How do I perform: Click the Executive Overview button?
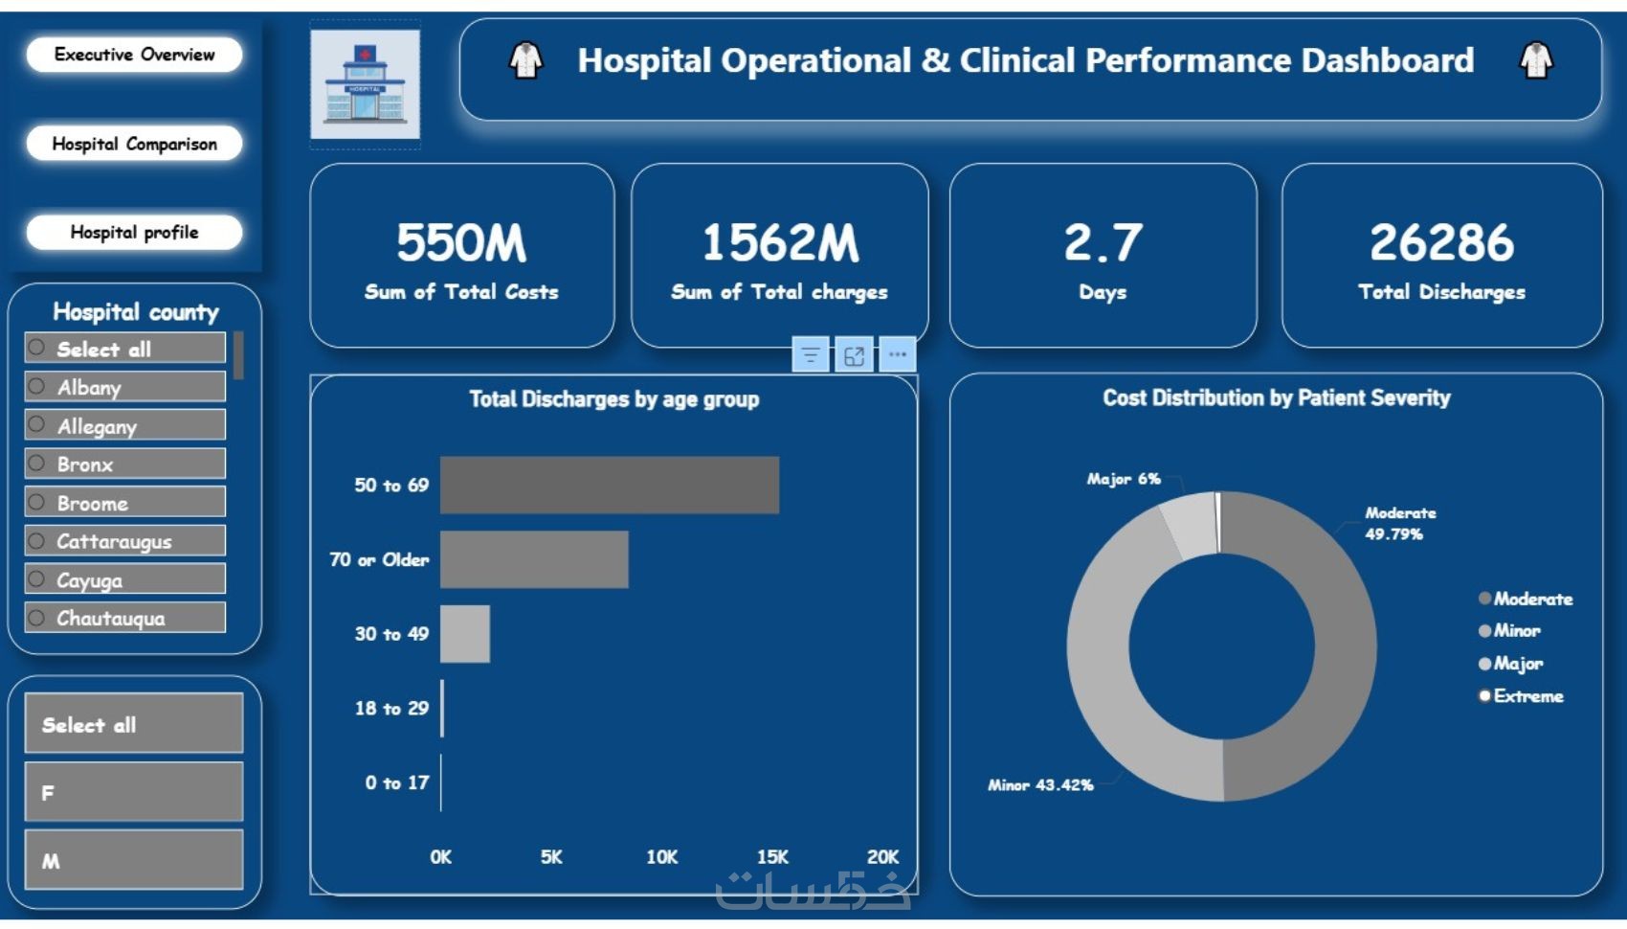pyautogui.click(x=134, y=55)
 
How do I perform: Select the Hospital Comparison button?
pyautogui.click(x=134, y=144)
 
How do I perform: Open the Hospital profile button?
pyautogui.click(x=134, y=232)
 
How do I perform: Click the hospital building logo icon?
pyautogui.click(x=365, y=84)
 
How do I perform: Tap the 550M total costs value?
pyautogui.click(x=461, y=242)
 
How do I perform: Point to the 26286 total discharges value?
pyautogui.click(x=1441, y=242)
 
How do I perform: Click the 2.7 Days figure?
pyautogui.click(x=1103, y=242)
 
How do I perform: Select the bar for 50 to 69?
pyautogui.click(x=610, y=485)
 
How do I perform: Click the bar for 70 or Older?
pyautogui.click(x=534, y=559)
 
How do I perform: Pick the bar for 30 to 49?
pyautogui.click(x=465, y=634)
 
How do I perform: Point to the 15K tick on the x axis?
pyautogui.click(x=772, y=857)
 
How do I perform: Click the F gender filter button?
pyautogui.click(x=134, y=792)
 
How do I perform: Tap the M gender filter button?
pyautogui.click(x=134, y=860)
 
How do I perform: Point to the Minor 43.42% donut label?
pyautogui.click(x=1040, y=785)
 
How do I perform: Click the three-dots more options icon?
pyautogui.click(x=897, y=354)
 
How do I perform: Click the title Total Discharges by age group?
pyautogui.click(x=613, y=399)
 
